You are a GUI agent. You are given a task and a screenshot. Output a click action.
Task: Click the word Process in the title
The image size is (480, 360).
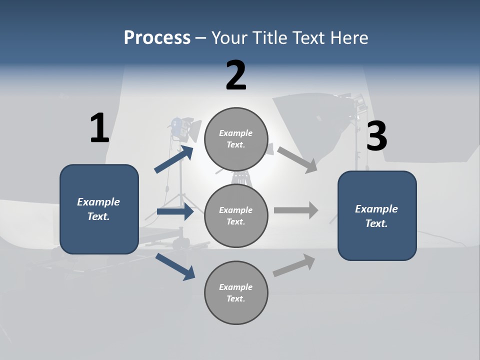pyautogui.click(x=157, y=37)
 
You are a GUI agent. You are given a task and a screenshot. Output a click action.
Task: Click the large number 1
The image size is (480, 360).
pyautogui.click(x=99, y=128)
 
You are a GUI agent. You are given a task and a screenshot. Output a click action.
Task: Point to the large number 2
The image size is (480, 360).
pyautogui.click(x=236, y=75)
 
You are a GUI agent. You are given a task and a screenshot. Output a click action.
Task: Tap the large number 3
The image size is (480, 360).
pyautogui.click(x=376, y=136)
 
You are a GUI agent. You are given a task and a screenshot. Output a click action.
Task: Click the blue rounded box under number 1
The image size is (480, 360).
pyautogui.click(x=99, y=209)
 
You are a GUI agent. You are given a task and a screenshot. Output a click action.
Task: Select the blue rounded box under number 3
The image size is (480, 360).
pyautogui.click(x=377, y=215)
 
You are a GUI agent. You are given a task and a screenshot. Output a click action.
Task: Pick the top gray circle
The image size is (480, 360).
pyautogui.click(x=236, y=139)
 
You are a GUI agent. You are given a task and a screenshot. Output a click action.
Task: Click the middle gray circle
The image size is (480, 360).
pyautogui.click(x=236, y=215)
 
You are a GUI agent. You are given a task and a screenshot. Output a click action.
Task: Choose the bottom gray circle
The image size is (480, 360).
pyautogui.click(x=236, y=292)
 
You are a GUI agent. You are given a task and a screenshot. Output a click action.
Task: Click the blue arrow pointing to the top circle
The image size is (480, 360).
pyautogui.click(x=174, y=159)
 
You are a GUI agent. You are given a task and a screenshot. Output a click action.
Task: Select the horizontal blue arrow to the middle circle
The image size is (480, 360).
pyautogui.click(x=175, y=211)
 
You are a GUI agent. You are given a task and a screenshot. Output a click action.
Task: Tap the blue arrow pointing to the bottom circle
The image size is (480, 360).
pyautogui.click(x=175, y=266)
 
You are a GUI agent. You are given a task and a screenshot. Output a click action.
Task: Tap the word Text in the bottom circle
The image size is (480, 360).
pyautogui.click(x=235, y=298)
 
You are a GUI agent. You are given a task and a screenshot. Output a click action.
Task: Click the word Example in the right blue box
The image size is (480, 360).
pyautogui.click(x=376, y=209)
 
